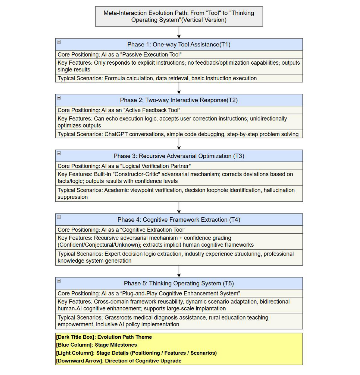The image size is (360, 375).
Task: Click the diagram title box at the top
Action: pos(179,17)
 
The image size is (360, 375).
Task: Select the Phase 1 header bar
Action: pos(179,44)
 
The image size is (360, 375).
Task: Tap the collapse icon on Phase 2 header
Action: pos(59,98)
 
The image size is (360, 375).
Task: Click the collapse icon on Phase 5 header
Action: pos(59,281)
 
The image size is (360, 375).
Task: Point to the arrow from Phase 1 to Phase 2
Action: pos(179,88)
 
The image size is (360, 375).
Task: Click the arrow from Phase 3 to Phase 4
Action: pos(179,207)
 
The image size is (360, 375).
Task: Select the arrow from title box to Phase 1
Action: pos(179,32)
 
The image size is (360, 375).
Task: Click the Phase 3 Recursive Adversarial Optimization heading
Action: pos(179,156)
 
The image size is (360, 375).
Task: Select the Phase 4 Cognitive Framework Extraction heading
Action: pos(179,220)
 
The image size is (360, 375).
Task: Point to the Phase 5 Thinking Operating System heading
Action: pos(179,283)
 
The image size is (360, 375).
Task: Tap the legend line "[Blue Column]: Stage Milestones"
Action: pos(96,345)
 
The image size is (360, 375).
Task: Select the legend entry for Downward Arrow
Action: pos(119,361)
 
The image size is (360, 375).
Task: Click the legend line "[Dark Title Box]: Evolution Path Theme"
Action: pos(104,337)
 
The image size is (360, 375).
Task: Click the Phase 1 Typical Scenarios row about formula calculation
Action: pos(157,79)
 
